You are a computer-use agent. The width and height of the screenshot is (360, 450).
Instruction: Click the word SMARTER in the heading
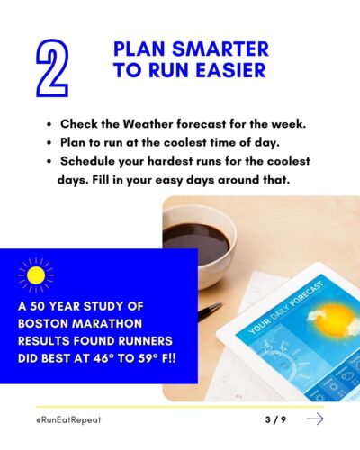[x=220, y=49]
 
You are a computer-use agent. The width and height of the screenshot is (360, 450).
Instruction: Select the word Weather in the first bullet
[x=148, y=124]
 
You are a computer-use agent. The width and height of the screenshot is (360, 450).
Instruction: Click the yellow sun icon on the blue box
[x=36, y=275]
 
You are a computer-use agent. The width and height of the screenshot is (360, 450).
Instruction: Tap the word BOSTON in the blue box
[x=43, y=323]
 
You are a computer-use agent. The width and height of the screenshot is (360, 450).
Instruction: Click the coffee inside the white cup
[x=196, y=240]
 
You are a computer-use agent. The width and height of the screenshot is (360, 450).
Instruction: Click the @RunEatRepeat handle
[x=68, y=419]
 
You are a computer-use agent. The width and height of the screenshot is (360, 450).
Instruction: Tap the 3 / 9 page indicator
[x=275, y=419]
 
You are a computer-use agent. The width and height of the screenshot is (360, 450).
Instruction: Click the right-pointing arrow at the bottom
[x=315, y=418]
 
